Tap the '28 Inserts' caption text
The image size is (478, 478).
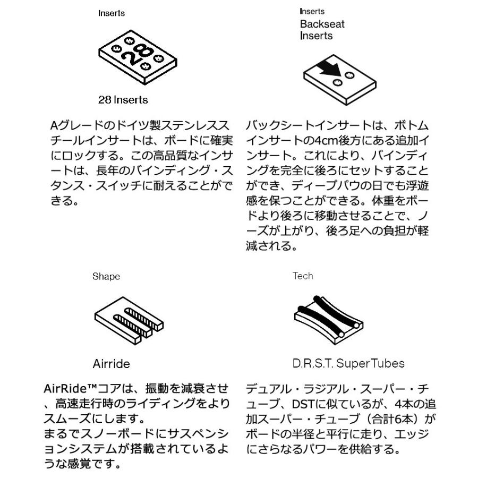[x=123, y=100]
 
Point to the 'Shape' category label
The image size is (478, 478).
[x=106, y=276]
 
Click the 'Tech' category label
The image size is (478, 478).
[x=303, y=276]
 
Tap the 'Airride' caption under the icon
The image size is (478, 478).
[x=111, y=364]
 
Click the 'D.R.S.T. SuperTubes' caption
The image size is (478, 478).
[x=348, y=364]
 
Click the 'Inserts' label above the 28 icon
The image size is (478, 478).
[x=112, y=13]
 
